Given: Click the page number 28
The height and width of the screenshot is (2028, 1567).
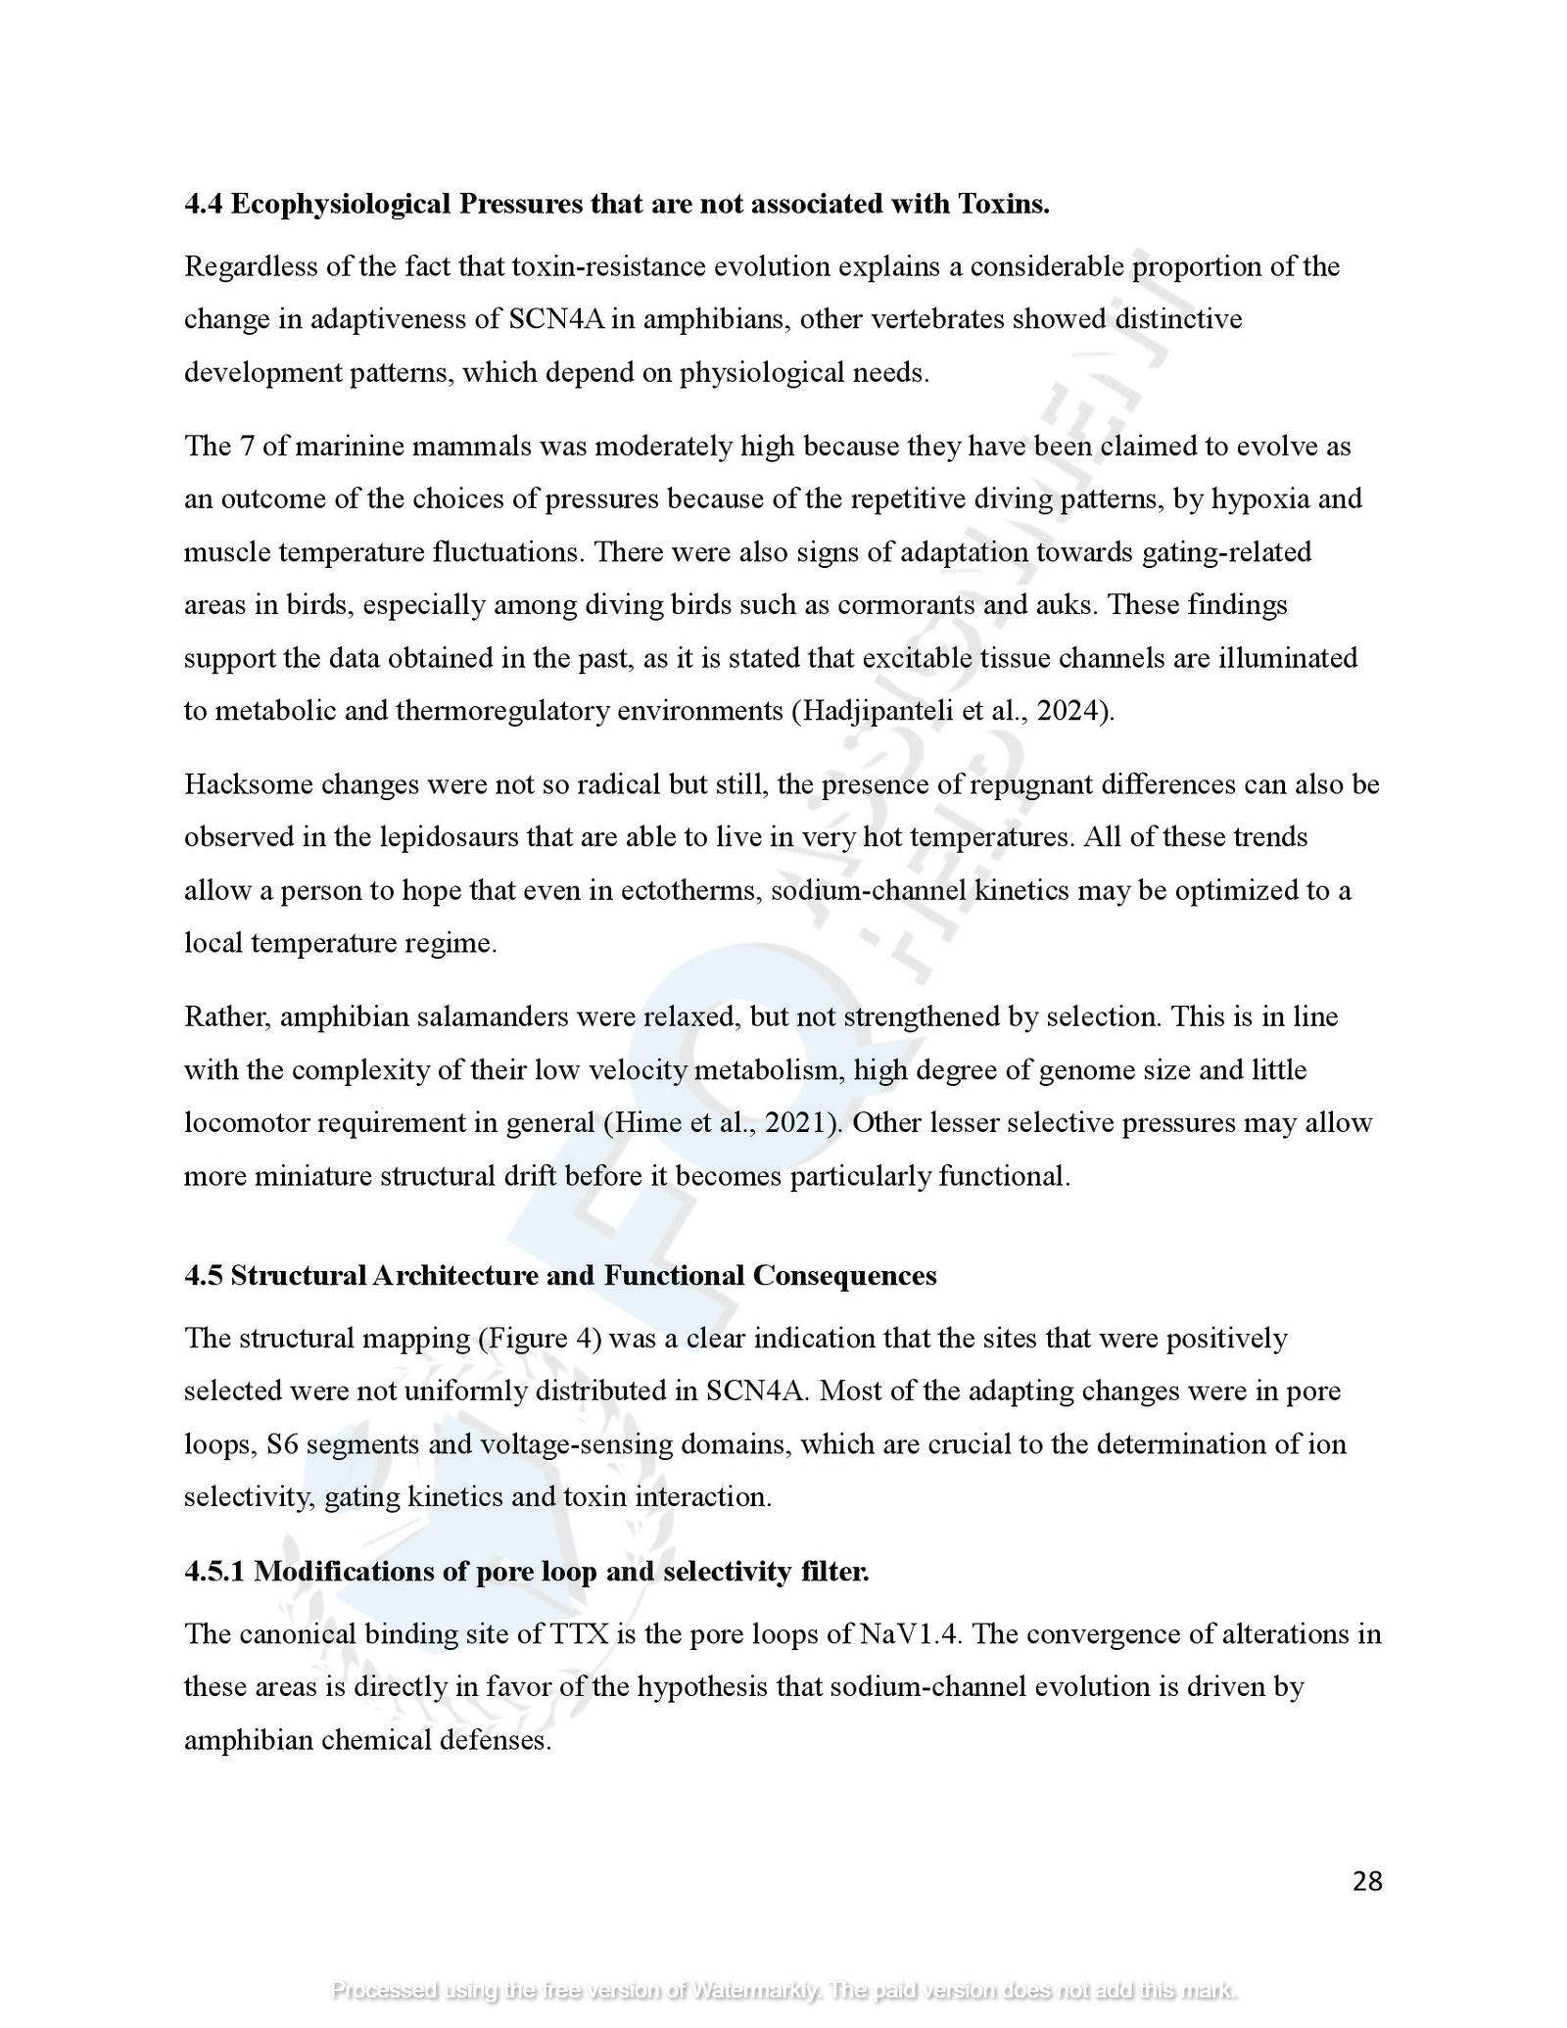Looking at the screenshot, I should click(x=1366, y=1881).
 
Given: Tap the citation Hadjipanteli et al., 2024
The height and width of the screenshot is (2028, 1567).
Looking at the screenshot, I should click(x=953, y=710).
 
